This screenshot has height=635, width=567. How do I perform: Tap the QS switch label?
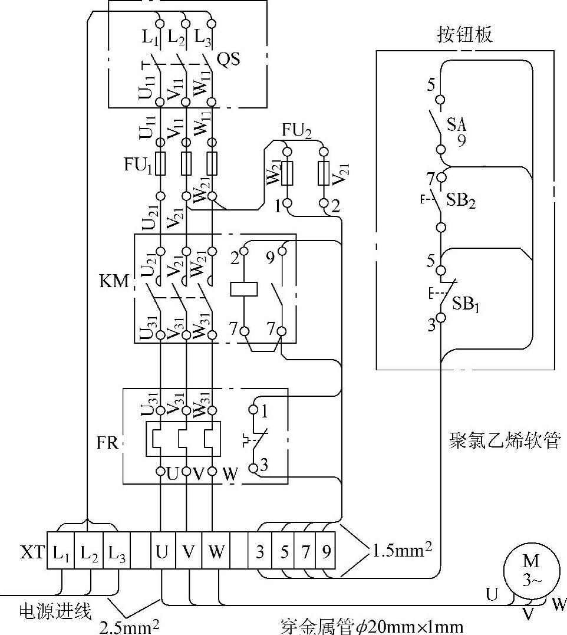229,60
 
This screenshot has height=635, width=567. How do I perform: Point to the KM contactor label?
114,281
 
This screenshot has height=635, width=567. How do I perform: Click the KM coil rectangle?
244,289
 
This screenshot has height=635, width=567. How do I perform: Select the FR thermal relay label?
108,442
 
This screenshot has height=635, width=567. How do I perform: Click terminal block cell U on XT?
162,552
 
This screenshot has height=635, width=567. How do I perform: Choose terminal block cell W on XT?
216,552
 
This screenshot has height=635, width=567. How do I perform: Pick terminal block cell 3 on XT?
260,552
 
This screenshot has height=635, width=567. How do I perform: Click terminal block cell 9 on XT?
326,552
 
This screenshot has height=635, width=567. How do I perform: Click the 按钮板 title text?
465,35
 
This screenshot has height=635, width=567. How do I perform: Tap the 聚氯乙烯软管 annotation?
503,440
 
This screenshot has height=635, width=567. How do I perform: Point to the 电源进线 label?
56,611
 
